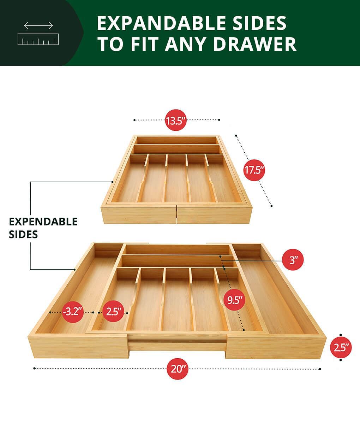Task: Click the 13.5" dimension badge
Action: [176, 120]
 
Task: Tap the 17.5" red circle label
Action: [254, 170]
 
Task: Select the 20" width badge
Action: [178, 369]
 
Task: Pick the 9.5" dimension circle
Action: [234, 300]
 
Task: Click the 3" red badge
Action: [293, 260]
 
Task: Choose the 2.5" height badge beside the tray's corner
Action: [341, 347]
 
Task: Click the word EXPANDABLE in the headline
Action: [161, 23]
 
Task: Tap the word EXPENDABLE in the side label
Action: [43, 222]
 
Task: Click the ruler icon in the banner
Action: [38, 39]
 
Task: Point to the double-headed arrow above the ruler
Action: [38, 25]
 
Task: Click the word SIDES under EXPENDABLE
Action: [23, 234]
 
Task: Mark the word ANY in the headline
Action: [185, 44]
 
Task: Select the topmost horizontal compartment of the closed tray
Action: [176, 141]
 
